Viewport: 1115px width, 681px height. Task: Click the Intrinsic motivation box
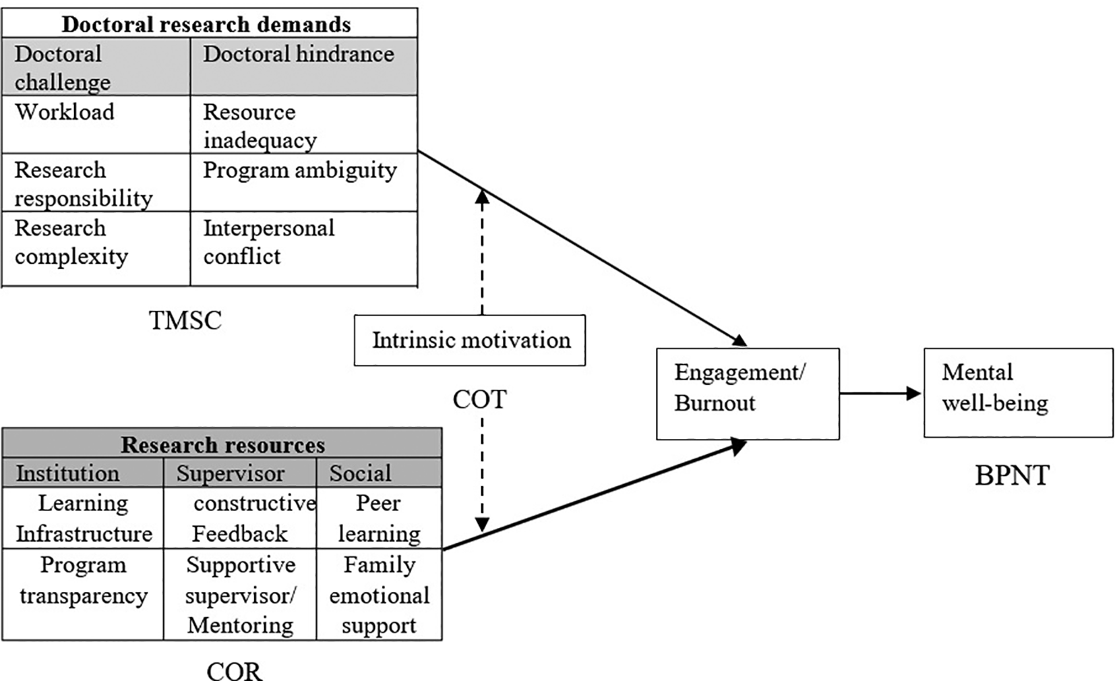(x=469, y=340)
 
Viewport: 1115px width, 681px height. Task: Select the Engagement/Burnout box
(x=747, y=394)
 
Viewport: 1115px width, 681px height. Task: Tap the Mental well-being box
(x=1017, y=392)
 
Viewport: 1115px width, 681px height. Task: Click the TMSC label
(x=185, y=320)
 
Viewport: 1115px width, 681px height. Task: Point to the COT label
(x=479, y=399)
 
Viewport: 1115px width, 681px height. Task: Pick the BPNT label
(x=1011, y=475)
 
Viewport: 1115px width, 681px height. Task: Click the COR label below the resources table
(x=234, y=671)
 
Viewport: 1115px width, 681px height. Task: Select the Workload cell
(x=96, y=124)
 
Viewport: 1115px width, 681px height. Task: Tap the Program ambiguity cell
(x=303, y=182)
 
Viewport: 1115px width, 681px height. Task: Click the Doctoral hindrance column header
(x=303, y=65)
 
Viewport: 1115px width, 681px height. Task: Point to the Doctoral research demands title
(x=206, y=24)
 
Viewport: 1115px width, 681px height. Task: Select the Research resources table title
(x=222, y=444)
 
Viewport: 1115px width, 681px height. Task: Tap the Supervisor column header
(x=231, y=473)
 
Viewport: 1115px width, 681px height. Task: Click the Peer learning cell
(x=379, y=518)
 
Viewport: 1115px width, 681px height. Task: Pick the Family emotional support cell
(x=379, y=594)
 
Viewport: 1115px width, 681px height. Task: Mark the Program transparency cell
(x=83, y=580)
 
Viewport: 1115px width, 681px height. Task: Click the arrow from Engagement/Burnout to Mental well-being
(x=880, y=393)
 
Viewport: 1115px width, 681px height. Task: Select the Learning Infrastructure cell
(x=83, y=518)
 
